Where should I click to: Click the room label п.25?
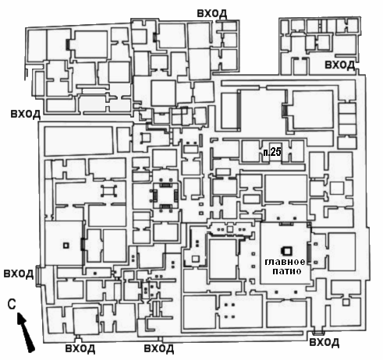click(272, 152)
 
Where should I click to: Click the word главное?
click(285, 262)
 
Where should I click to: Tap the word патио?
click(287, 271)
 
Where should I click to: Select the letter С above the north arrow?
click(12, 304)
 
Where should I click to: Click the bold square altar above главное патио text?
click(286, 251)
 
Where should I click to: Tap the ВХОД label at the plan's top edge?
click(212, 13)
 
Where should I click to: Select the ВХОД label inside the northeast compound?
click(340, 65)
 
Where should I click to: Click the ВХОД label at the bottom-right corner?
click(324, 343)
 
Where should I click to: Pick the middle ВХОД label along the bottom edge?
click(159, 348)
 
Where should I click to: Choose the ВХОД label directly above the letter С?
click(19, 274)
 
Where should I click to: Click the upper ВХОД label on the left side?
click(26, 114)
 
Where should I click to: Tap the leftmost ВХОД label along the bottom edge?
click(80, 348)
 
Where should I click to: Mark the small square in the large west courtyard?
click(66, 245)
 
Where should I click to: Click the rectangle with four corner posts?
click(108, 191)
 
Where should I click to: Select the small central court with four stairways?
click(165, 195)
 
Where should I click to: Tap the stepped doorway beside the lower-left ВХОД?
click(38, 276)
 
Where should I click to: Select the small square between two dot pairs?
click(230, 229)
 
